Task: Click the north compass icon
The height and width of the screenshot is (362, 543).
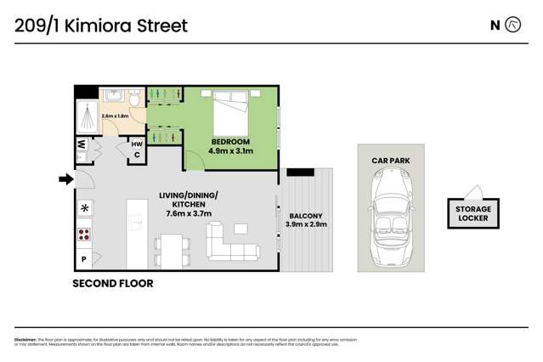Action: [512, 25]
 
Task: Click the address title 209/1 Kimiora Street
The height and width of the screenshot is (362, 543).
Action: [102, 25]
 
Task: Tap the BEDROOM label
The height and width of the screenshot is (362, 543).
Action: [230, 141]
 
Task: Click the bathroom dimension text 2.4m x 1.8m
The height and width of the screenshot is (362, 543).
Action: [116, 115]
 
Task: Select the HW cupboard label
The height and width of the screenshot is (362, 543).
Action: [136, 144]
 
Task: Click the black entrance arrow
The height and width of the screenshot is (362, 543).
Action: [65, 178]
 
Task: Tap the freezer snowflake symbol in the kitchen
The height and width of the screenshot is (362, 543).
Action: [84, 208]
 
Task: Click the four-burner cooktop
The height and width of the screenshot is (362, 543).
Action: [84, 234]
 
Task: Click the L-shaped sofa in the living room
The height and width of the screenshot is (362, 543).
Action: [234, 240]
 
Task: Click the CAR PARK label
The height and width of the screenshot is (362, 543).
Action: [390, 159]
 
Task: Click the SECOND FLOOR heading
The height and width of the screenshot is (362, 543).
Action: [114, 284]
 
